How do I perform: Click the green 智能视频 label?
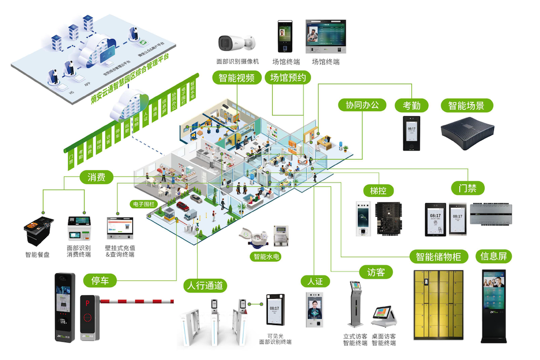click(x=237, y=78)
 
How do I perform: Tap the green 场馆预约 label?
click(x=288, y=78)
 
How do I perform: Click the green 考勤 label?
click(x=412, y=105)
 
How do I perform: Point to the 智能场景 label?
click(x=467, y=105)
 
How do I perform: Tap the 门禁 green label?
click(x=468, y=188)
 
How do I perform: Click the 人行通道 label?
click(x=204, y=286)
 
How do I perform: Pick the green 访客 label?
click(x=376, y=272)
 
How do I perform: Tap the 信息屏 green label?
click(x=495, y=257)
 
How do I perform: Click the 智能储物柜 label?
click(x=439, y=257)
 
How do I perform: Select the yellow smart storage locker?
click(x=439, y=305)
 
